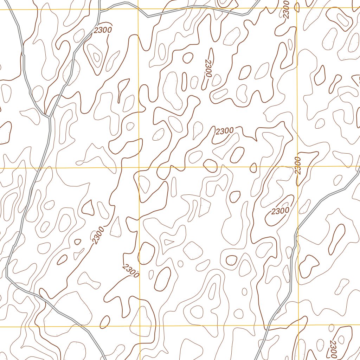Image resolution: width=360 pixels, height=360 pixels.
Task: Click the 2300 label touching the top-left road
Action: point(103,30)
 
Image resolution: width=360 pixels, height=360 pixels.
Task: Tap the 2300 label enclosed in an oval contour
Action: point(280,211)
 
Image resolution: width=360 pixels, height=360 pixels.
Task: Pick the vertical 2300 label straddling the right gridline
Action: point(298,166)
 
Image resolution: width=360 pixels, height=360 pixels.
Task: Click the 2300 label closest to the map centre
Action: point(224,131)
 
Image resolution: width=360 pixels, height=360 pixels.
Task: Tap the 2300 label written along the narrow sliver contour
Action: point(208,68)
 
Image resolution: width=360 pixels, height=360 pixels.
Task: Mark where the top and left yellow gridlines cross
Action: point(138,9)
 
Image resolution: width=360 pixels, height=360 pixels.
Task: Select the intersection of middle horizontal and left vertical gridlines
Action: point(139,168)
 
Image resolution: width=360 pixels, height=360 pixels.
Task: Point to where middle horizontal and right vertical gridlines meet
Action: point(297,167)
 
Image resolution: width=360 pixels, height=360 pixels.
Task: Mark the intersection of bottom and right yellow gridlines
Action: point(298,325)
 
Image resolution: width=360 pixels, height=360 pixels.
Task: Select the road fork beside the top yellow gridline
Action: point(100,11)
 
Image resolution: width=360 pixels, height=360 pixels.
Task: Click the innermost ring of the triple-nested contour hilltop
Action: point(96,56)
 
